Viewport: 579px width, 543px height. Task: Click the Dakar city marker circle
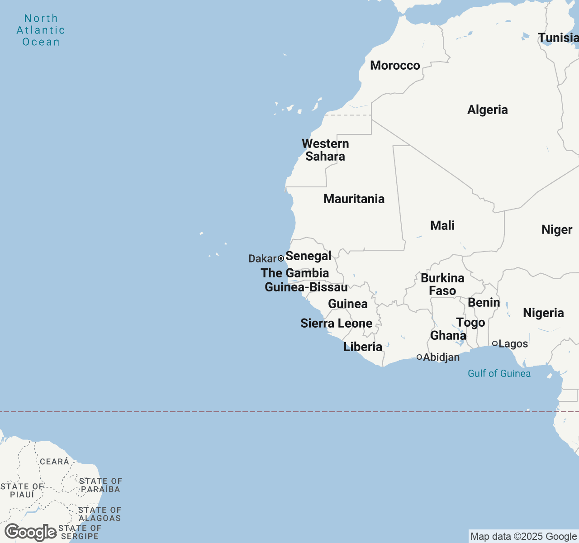click(x=281, y=258)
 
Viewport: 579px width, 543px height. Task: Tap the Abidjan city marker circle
click(x=419, y=357)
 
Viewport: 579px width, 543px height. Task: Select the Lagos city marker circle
click(x=495, y=343)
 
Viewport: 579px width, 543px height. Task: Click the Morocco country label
click(x=395, y=66)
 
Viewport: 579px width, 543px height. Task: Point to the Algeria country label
click(x=487, y=110)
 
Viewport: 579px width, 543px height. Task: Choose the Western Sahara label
click(x=325, y=150)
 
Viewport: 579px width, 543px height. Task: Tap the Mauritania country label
click(x=354, y=199)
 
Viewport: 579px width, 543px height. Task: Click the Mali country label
click(x=442, y=225)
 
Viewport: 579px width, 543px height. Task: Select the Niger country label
click(x=557, y=230)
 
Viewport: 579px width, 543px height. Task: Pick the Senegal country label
click(x=308, y=256)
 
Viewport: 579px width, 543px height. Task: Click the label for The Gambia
click(x=294, y=273)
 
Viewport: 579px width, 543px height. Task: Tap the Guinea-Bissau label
click(x=306, y=287)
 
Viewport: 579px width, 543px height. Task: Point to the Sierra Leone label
click(x=336, y=324)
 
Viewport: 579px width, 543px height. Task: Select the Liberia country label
click(x=363, y=347)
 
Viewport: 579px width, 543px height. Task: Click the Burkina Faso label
click(x=442, y=284)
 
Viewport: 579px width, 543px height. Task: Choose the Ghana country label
click(x=448, y=336)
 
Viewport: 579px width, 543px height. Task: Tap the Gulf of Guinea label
click(x=499, y=373)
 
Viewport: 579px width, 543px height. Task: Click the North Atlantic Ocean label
click(x=41, y=30)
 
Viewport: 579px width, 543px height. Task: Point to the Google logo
click(x=31, y=533)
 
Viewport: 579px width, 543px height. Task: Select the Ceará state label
click(x=54, y=462)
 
